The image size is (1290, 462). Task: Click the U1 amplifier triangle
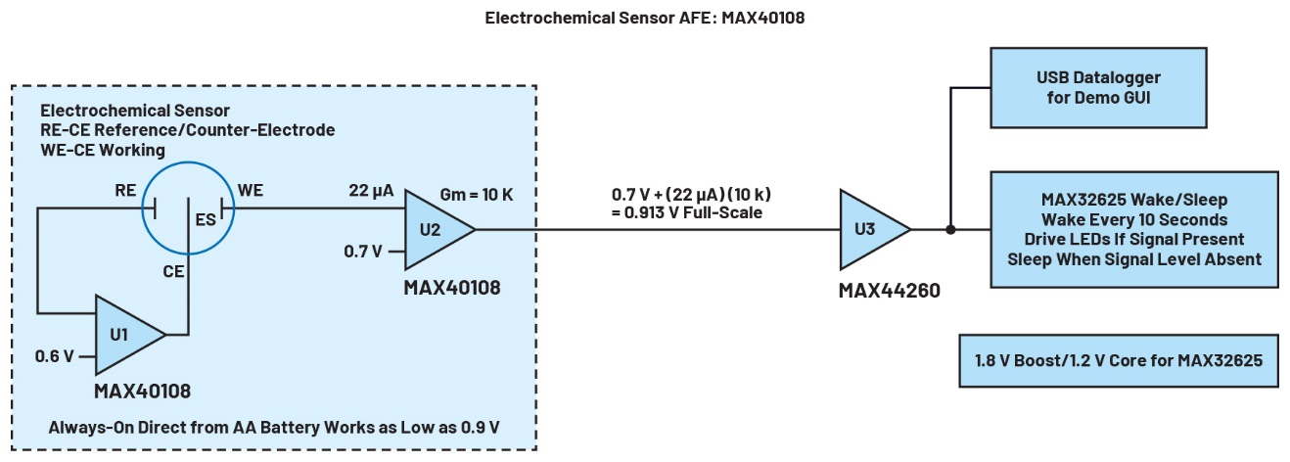(x=126, y=334)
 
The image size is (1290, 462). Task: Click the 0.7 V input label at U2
(x=363, y=252)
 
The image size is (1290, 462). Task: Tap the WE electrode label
(x=251, y=193)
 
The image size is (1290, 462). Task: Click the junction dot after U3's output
(x=950, y=231)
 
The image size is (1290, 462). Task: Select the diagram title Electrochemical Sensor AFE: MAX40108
(x=644, y=18)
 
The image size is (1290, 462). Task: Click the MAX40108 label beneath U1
(x=142, y=392)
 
